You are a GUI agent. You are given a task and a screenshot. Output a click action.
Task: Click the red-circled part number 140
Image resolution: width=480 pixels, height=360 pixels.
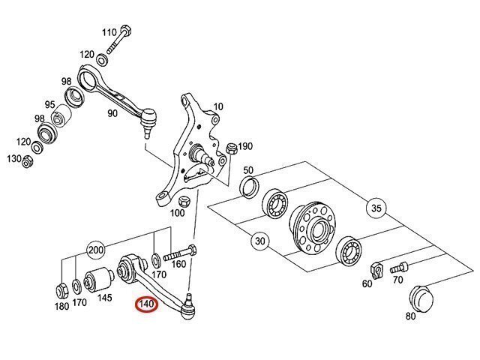click(147, 305)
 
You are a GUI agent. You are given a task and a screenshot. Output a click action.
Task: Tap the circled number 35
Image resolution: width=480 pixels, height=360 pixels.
click(376, 208)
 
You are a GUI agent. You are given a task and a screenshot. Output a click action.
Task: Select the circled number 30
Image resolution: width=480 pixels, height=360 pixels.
click(260, 241)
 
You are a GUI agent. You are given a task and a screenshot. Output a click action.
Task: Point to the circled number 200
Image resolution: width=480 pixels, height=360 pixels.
click(96, 250)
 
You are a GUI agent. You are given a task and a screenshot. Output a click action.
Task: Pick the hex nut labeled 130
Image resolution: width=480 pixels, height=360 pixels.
click(28, 161)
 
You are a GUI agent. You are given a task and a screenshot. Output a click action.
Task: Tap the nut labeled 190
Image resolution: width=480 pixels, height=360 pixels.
click(231, 148)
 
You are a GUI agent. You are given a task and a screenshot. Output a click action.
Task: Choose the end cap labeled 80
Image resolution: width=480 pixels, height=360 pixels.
click(421, 298)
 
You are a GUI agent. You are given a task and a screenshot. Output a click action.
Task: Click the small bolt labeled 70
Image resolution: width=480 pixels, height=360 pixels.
click(399, 268)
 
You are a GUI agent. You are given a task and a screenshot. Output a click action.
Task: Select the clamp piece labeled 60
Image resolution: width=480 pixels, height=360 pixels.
click(376, 270)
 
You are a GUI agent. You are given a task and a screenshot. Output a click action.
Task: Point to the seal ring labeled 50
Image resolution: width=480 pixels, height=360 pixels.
click(249, 187)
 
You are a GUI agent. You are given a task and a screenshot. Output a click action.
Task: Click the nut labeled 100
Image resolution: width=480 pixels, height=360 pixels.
click(184, 202)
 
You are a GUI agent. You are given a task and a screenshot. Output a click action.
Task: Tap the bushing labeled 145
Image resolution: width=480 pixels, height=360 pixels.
click(98, 280)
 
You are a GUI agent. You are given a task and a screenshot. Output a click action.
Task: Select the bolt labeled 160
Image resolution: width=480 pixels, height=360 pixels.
click(180, 253)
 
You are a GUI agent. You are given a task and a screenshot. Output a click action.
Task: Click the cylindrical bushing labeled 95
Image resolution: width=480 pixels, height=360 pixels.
click(61, 116)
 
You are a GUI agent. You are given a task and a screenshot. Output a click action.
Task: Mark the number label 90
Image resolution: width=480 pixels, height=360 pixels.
click(112, 113)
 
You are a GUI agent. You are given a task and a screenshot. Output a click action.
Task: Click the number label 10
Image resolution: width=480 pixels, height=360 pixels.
click(218, 106)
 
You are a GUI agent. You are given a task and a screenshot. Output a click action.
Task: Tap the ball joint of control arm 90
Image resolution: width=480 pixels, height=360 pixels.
click(148, 120)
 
